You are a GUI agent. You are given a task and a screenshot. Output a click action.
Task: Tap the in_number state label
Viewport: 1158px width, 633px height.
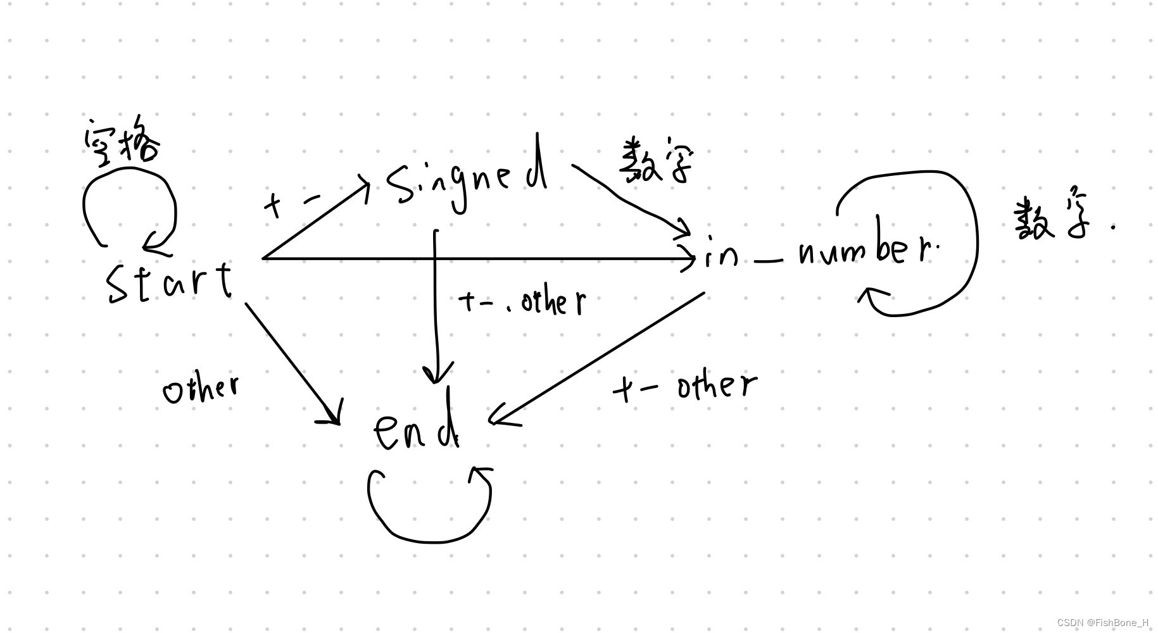tap(820, 253)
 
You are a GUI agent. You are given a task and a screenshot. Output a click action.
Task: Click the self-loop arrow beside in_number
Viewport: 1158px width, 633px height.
tap(975, 241)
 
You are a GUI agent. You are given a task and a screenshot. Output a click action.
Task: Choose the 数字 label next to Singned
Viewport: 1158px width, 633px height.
tap(655, 161)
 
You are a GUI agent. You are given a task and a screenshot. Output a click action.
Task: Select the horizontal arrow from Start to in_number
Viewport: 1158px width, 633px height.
tap(475, 258)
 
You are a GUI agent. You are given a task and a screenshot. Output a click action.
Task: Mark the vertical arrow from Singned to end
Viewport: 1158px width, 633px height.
tap(436, 304)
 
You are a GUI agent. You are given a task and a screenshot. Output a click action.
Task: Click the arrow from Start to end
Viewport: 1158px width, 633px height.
tap(291, 361)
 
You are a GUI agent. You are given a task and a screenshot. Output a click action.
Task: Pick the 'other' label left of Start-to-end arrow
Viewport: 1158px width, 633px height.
tap(201, 387)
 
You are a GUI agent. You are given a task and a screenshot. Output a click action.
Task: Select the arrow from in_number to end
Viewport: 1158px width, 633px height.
tap(598, 358)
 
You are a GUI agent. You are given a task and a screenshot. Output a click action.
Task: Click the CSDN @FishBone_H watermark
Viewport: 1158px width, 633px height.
tap(1102, 623)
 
